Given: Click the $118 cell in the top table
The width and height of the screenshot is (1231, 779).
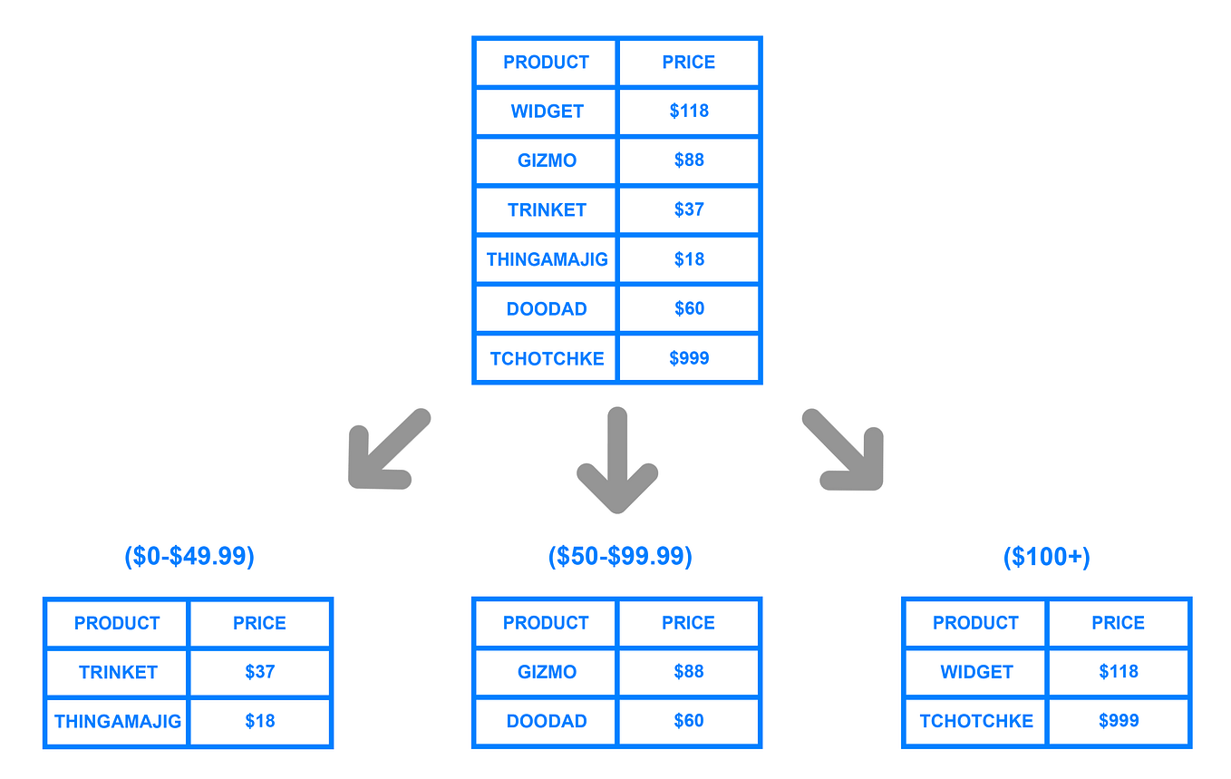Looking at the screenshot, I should (x=689, y=112).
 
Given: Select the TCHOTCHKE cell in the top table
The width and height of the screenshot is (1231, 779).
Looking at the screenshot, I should (x=547, y=358).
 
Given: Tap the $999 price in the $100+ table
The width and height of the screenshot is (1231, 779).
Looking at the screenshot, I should (x=1119, y=721).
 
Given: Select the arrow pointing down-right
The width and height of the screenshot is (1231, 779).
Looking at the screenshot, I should (x=844, y=450).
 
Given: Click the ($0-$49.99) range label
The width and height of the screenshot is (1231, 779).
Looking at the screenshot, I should (x=189, y=556).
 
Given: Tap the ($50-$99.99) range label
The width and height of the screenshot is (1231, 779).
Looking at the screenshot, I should (x=620, y=556).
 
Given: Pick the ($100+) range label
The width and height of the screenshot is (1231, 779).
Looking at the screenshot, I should (x=1046, y=557).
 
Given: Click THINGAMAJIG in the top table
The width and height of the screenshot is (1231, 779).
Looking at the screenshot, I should (x=547, y=259).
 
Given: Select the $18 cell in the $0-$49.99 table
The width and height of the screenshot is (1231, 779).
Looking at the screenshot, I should (x=259, y=721).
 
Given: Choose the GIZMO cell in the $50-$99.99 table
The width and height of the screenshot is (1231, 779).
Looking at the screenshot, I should (x=547, y=672).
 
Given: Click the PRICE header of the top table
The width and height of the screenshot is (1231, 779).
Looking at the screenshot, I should (x=689, y=63).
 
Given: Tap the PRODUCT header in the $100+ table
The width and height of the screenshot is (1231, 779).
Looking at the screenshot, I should (x=975, y=623).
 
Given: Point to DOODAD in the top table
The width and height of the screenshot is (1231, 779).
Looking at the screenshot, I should (x=547, y=309).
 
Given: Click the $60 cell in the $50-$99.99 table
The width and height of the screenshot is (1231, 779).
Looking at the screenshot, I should (x=689, y=721).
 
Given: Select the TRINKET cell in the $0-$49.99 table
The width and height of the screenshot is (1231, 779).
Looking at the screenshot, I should (x=118, y=672).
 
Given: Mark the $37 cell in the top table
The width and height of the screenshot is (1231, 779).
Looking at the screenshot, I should (x=689, y=209).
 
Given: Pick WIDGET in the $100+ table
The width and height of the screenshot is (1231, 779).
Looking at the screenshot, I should (x=976, y=672).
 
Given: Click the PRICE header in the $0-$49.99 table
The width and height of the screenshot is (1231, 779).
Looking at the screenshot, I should (x=259, y=623).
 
